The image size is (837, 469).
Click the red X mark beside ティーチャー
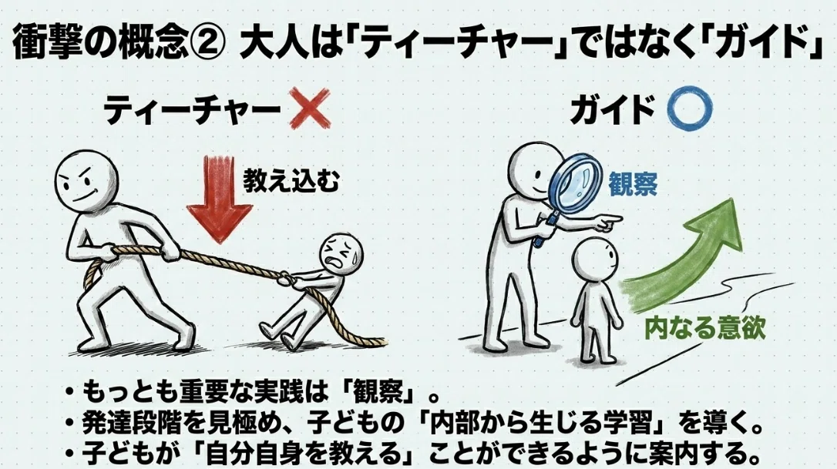[x=309, y=109]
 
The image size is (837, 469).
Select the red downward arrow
[x=220, y=199]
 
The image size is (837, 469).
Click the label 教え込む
[x=291, y=182]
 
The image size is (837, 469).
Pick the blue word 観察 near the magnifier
[x=633, y=184]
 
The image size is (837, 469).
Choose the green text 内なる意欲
[x=705, y=327]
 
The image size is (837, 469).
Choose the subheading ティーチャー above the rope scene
[x=192, y=110]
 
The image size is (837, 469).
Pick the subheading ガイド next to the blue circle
[x=612, y=110]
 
